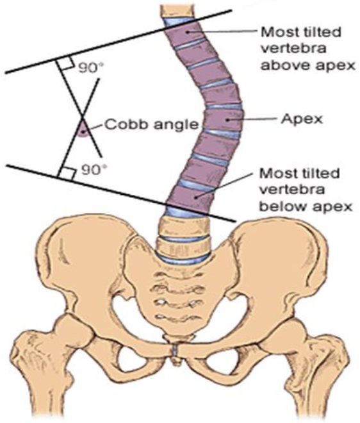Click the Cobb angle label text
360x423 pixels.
click(x=152, y=124)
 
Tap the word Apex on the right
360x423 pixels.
click(x=302, y=119)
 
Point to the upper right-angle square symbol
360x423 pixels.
click(x=65, y=63)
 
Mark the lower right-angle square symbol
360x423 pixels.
click(x=67, y=173)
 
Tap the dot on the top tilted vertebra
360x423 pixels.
click(x=187, y=31)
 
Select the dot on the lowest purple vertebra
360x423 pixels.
click(x=197, y=197)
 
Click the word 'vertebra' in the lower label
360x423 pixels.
click(x=292, y=190)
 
